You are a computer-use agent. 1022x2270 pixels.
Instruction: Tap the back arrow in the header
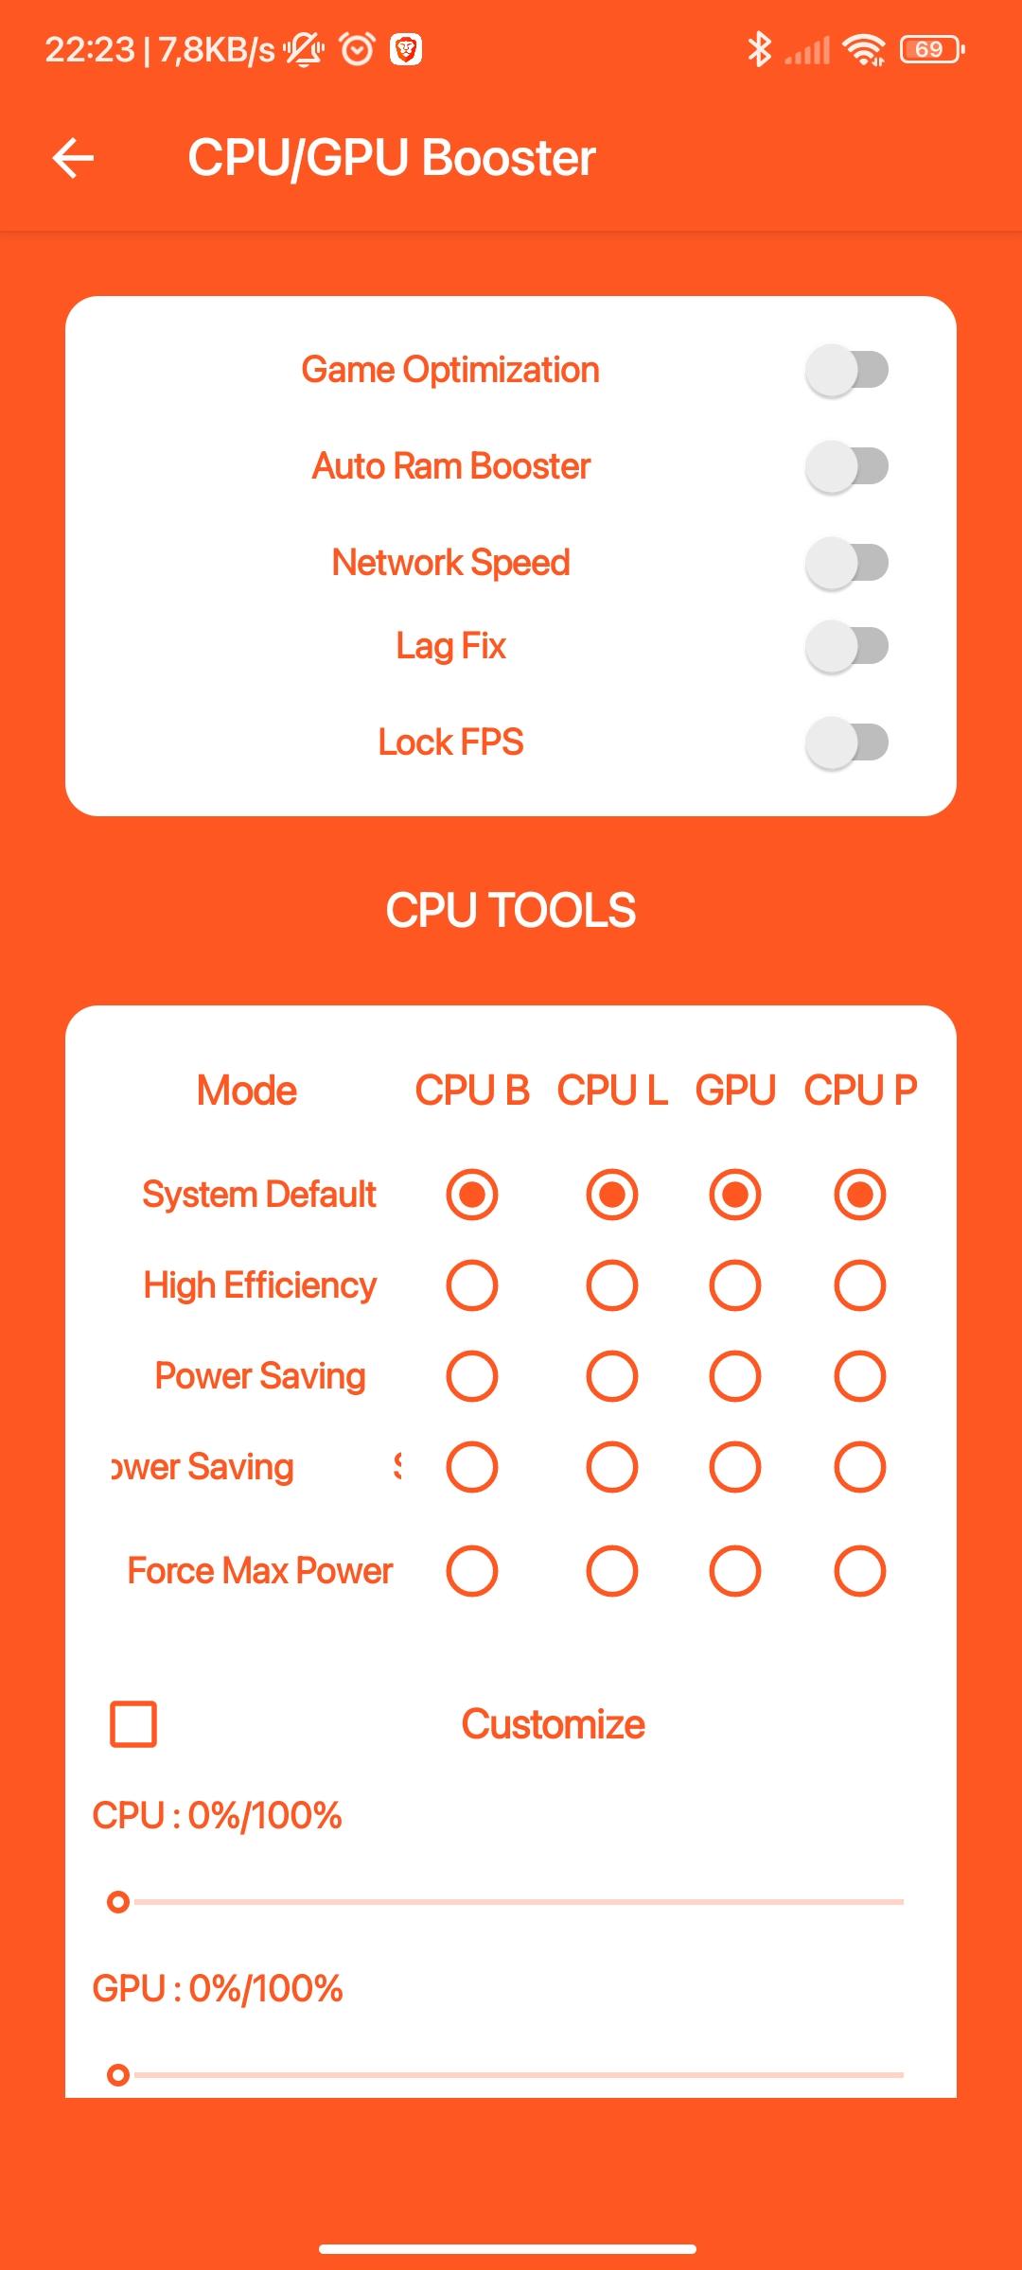pos(73,157)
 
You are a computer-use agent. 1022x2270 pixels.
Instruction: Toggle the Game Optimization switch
pos(847,370)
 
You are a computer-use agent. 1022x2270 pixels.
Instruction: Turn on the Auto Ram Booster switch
pos(847,466)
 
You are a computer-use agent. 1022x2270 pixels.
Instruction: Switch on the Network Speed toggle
pos(847,563)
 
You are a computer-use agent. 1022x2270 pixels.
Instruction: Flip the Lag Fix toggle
pos(847,647)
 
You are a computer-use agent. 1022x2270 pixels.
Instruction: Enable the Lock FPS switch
pos(847,742)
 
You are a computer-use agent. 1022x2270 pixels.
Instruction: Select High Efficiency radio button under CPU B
pos(472,1285)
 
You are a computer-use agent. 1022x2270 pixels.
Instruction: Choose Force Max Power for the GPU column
pos(735,1571)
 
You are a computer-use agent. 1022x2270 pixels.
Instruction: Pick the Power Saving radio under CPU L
pos(612,1376)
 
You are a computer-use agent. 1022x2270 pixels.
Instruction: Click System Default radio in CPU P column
pos(860,1195)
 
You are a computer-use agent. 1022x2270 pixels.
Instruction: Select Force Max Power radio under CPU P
pos(860,1571)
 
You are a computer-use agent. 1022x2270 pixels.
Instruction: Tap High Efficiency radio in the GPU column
pos(735,1285)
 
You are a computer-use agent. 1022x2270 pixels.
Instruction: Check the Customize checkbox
pos(133,1724)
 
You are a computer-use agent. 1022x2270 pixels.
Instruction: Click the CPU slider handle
pos(118,1901)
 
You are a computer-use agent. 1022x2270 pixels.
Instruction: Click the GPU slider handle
pos(118,2074)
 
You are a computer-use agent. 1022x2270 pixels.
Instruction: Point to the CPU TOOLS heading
pos(511,910)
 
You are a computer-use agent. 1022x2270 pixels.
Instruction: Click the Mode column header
pos(247,1091)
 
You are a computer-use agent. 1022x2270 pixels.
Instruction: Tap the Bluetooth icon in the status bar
pos(759,49)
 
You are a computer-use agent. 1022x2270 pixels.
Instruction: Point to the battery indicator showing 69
pos(932,49)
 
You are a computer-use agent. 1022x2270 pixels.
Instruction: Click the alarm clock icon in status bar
pos(357,48)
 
